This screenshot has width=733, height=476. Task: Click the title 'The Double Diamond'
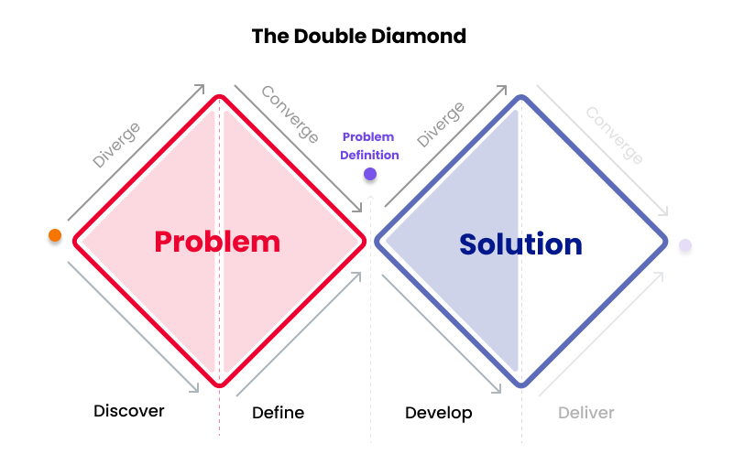tap(359, 37)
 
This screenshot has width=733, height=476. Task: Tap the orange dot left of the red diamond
tap(55, 235)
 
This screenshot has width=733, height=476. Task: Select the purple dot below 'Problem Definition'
tap(370, 173)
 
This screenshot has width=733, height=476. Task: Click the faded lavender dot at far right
tap(684, 245)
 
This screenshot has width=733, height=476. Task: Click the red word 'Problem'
tap(217, 242)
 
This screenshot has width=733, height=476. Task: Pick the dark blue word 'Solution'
tap(520, 244)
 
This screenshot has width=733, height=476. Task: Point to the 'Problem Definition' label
tap(369, 146)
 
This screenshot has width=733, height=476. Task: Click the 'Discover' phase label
tap(129, 411)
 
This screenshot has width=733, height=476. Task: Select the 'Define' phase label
tap(278, 413)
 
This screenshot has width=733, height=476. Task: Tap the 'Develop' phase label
tap(439, 413)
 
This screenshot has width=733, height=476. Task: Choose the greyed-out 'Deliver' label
tap(586, 413)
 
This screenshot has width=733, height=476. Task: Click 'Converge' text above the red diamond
tap(290, 114)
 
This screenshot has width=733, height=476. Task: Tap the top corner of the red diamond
tap(218, 96)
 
